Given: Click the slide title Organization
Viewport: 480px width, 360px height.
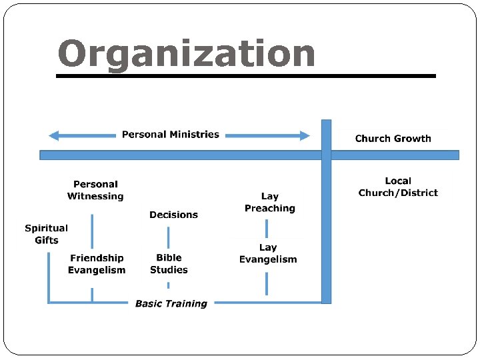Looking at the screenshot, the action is (x=186, y=54).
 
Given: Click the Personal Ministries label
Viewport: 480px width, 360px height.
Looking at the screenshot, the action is (x=170, y=135).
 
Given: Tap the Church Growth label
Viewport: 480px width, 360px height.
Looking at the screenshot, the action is (x=393, y=139).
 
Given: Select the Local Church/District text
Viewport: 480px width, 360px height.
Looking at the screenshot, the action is (x=398, y=187).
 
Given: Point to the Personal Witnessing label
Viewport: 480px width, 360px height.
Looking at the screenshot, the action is (x=95, y=190).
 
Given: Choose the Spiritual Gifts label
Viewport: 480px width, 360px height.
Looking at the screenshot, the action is (x=46, y=234).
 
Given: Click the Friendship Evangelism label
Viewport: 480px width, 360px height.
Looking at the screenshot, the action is (x=97, y=264).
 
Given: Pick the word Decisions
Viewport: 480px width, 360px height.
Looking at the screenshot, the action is (x=173, y=215).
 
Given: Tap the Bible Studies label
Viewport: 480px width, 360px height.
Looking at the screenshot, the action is (x=169, y=264).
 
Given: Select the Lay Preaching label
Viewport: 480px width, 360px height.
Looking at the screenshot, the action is (x=269, y=203).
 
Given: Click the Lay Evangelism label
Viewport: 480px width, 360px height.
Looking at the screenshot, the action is (x=268, y=253).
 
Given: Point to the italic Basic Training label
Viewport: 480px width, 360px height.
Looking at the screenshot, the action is (x=171, y=303).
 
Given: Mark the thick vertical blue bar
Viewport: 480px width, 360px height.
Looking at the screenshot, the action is (x=326, y=220).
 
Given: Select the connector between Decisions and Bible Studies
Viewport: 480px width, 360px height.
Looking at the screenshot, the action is (x=168, y=237).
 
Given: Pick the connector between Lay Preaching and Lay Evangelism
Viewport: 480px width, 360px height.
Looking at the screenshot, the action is (x=267, y=228).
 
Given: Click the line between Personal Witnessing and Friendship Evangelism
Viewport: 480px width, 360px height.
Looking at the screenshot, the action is (x=92, y=231).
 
